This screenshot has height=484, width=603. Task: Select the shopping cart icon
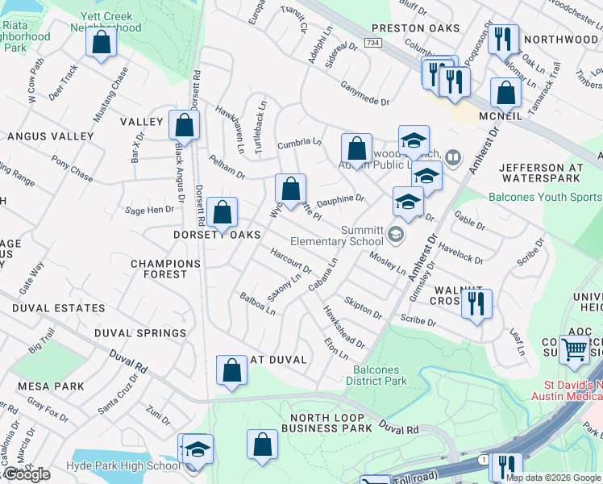pos(575,349)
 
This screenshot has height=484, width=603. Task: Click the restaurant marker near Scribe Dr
pos(476,303)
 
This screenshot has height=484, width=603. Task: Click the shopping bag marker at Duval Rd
pos(231,370)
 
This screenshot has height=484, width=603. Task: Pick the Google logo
pos(27,474)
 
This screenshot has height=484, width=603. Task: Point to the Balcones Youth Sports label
pos(544,197)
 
